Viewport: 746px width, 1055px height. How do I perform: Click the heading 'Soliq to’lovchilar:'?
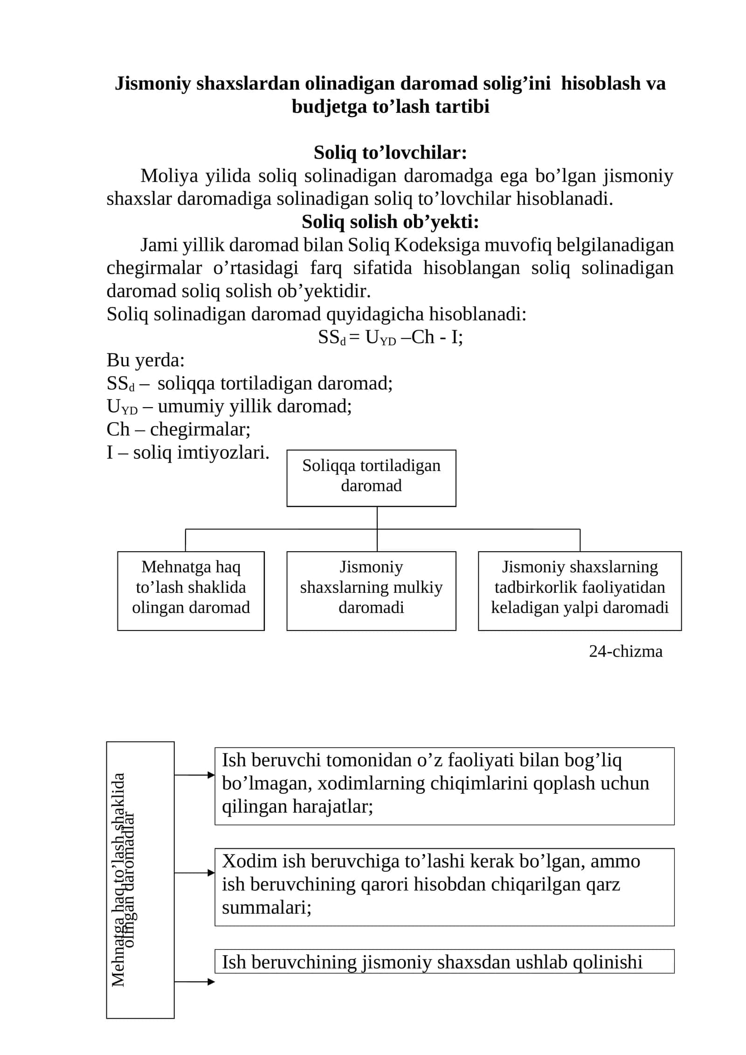(x=390, y=153)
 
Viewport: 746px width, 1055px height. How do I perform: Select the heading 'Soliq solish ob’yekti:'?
(x=390, y=222)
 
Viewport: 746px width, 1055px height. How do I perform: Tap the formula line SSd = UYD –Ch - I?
(x=390, y=337)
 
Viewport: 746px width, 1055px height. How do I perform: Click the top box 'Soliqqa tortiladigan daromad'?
(x=371, y=478)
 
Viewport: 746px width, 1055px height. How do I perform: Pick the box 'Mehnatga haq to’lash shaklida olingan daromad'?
(x=191, y=591)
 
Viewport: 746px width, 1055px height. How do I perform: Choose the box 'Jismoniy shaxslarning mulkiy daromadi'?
(x=371, y=591)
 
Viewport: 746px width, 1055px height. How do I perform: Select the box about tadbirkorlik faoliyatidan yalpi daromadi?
(x=580, y=591)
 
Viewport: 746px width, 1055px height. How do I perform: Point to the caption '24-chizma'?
(x=625, y=651)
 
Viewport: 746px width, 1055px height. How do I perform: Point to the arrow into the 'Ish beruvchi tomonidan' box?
(x=194, y=775)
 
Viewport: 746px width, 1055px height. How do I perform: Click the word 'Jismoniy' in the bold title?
(x=153, y=84)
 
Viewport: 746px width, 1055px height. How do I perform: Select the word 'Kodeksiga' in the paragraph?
(x=436, y=245)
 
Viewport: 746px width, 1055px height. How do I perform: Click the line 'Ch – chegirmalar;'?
(x=179, y=429)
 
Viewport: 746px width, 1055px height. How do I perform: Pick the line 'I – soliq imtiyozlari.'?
(x=188, y=452)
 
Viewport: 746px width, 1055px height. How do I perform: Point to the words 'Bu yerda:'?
(x=145, y=360)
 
